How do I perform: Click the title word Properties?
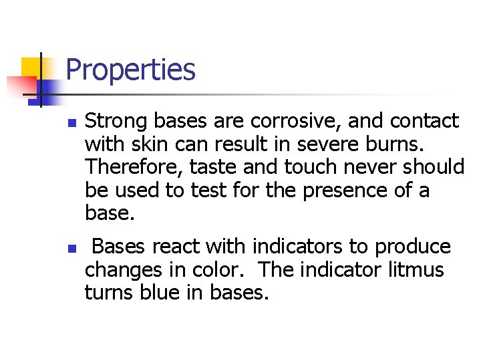131,70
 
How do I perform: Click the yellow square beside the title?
32,67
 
